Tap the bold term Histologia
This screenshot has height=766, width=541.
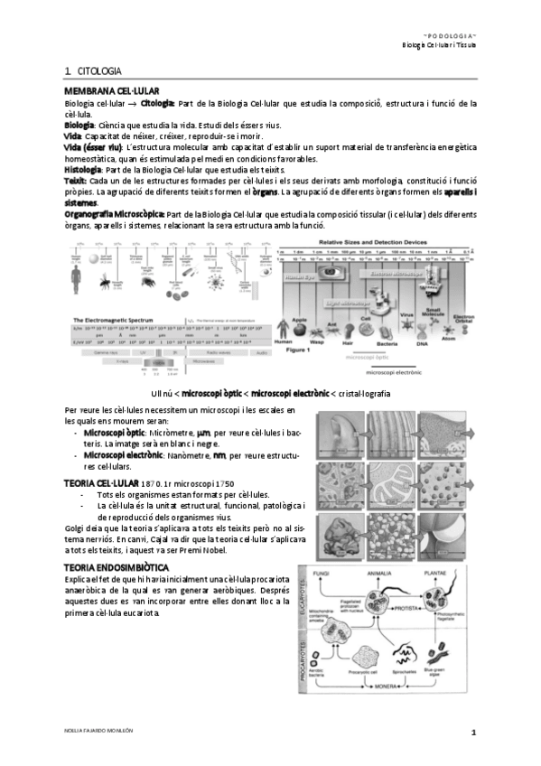pyautogui.click(x=83, y=170)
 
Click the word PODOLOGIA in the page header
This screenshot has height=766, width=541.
pyautogui.click(x=452, y=31)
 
